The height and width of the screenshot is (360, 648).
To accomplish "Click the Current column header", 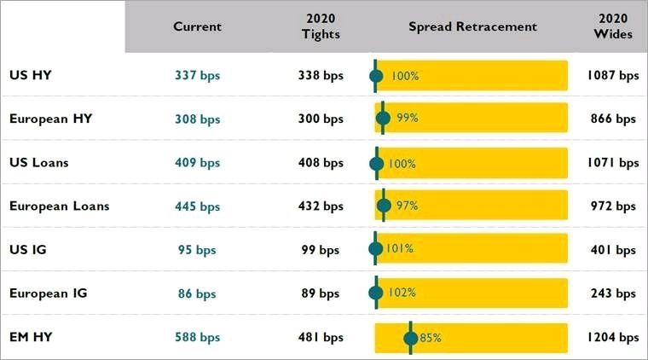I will pos(197,26).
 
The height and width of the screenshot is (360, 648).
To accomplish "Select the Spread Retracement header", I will pos(472,26).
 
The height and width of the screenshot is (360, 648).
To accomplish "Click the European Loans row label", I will pos(59,206).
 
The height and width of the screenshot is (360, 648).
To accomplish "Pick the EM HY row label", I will pos(31,337).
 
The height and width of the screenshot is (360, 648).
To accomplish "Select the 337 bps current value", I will pos(197,76).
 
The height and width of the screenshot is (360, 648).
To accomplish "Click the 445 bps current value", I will pos(197,206).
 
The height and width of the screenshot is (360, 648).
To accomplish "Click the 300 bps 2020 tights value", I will pos(321,119).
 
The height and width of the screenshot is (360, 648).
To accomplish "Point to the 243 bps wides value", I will pos(613,293).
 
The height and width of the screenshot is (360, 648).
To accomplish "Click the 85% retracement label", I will pos(431,338).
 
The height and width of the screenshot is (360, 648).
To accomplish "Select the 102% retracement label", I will pos(402,293).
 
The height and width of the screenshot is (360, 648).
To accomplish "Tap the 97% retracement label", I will pos(407,206).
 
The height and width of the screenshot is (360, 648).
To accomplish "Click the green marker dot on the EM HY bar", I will pos(411,338).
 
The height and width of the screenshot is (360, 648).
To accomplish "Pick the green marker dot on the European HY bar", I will pos(383,119).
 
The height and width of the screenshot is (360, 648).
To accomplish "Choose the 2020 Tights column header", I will pos(321,26).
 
